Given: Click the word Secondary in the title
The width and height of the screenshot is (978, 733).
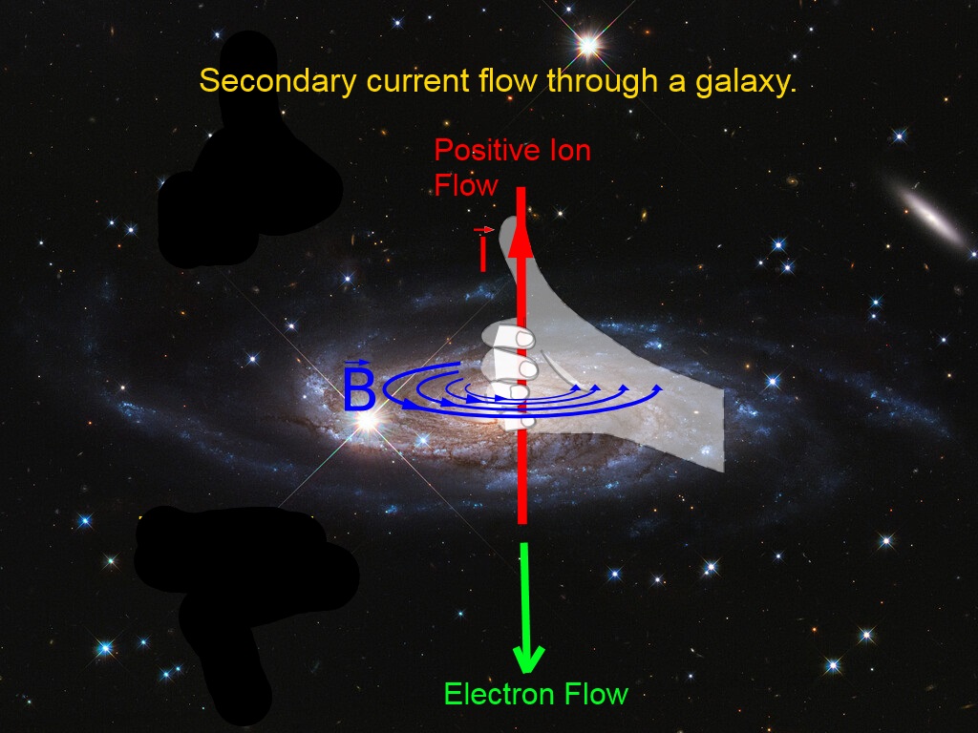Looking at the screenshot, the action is pyautogui.click(x=278, y=82).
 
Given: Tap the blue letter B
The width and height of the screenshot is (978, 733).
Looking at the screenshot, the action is pyautogui.click(x=359, y=387).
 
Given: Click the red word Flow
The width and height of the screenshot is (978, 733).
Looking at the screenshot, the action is pyautogui.click(x=465, y=185).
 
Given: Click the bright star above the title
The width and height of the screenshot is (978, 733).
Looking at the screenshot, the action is pyautogui.click(x=588, y=45).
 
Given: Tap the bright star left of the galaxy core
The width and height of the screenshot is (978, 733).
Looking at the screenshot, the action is pyautogui.click(x=368, y=421).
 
